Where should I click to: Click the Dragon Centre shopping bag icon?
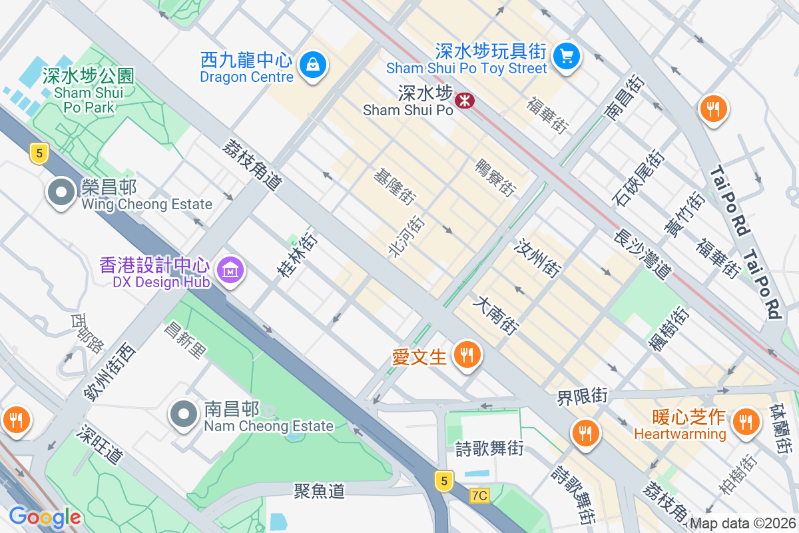click(x=312, y=65)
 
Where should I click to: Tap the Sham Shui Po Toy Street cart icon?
click(x=567, y=55)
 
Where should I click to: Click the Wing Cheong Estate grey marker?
click(x=61, y=193)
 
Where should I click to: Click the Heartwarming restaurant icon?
click(x=744, y=421)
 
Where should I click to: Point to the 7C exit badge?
click(x=479, y=496)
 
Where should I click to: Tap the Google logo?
click(x=45, y=516)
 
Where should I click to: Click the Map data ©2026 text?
click(x=742, y=523)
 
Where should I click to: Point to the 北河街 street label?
click(x=405, y=237)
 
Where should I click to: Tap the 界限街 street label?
click(x=583, y=396)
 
